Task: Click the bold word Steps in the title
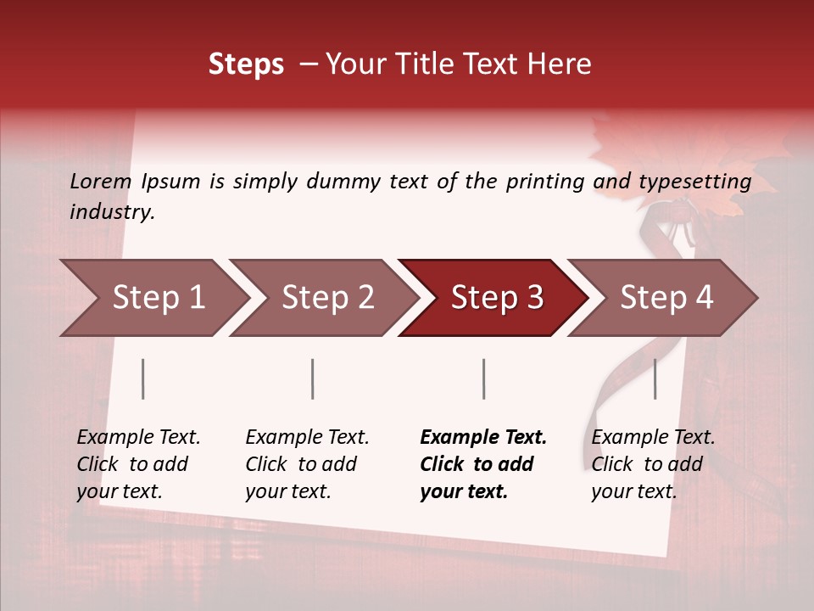click(x=246, y=64)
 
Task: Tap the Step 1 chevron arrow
click(x=153, y=298)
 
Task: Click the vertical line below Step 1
click(x=143, y=378)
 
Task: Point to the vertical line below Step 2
click(x=313, y=378)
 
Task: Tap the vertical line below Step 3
click(x=483, y=378)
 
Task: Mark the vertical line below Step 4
click(x=655, y=378)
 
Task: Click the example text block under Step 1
click(x=137, y=464)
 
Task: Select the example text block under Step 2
click(x=306, y=464)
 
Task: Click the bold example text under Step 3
click(x=482, y=464)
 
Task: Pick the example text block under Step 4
click(x=652, y=464)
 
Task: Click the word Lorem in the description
click(x=101, y=181)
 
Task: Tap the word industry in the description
click(x=112, y=211)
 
